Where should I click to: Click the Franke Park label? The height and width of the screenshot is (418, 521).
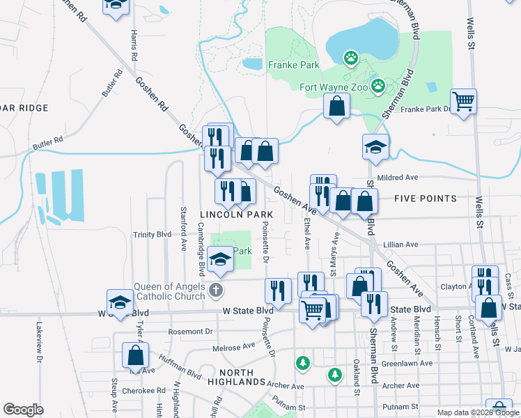[x=293, y=65]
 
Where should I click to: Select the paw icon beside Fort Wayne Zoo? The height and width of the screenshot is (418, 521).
[x=378, y=86]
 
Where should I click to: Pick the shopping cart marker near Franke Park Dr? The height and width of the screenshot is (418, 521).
[x=463, y=102]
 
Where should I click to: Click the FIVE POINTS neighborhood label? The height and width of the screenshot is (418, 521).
[x=426, y=199]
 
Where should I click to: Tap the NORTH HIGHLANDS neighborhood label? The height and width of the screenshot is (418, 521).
[x=232, y=382]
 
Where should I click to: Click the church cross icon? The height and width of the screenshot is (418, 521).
[x=217, y=289]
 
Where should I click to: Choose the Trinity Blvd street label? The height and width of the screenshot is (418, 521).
[x=153, y=235]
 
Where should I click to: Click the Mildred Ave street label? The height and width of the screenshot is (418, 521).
[x=397, y=178]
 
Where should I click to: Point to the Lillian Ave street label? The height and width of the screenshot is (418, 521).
[x=401, y=245]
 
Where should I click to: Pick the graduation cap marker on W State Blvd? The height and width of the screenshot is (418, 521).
[x=120, y=303]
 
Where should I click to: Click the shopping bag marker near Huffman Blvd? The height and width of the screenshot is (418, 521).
[x=135, y=356]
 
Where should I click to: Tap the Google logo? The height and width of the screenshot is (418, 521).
[x=23, y=410]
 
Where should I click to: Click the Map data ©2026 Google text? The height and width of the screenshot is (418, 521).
[x=477, y=412]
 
